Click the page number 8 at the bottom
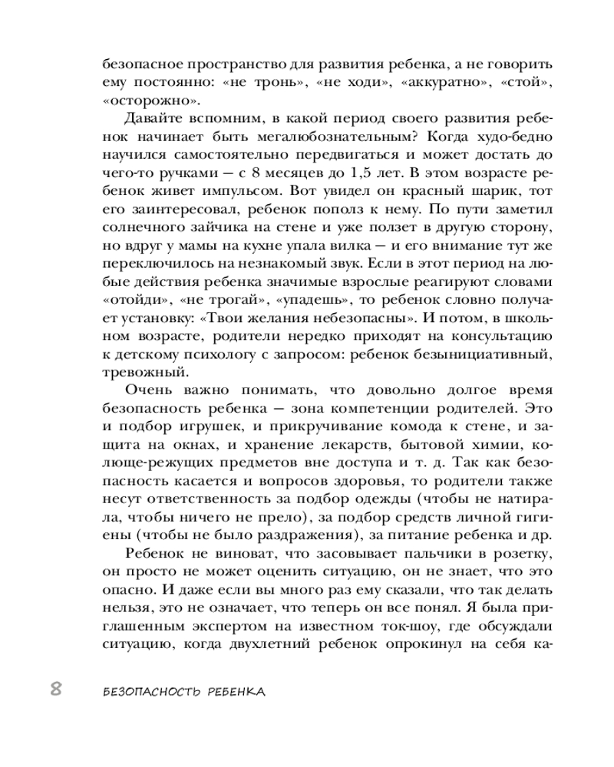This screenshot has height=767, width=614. (x=55, y=688)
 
